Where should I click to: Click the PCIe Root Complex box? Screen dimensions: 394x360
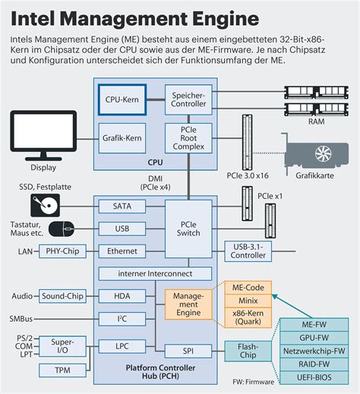[x=189, y=138]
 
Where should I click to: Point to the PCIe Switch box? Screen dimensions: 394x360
[x=189, y=229]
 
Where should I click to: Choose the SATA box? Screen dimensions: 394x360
[x=122, y=206]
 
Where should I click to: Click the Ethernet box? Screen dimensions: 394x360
[x=122, y=250]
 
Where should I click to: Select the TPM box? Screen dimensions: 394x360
[x=64, y=370]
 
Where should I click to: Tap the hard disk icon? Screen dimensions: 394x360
[x=45, y=204]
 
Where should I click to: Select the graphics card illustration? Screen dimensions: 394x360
[x=316, y=157]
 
